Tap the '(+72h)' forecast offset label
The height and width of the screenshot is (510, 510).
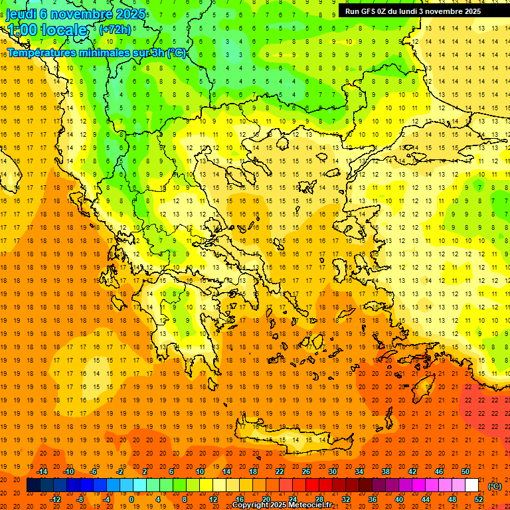(x=115, y=30)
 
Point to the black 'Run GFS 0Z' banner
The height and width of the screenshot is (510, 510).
(x=418, y=11)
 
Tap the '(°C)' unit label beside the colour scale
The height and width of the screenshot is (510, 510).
(x=495, y=486)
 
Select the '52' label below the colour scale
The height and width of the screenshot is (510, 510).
(x=479, y=499)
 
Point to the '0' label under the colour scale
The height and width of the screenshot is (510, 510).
(x=131, y=499)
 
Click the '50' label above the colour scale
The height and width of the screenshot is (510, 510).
(x=466, y=471)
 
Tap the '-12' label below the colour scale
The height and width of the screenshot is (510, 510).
(x=56, y=499)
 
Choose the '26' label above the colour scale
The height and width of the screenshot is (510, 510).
(x=306, y=471)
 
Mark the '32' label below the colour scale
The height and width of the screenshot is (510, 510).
(x=346, y=499)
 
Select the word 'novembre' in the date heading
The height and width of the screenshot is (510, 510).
(x=80, y=14)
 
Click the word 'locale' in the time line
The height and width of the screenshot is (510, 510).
(x=64, y=30)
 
